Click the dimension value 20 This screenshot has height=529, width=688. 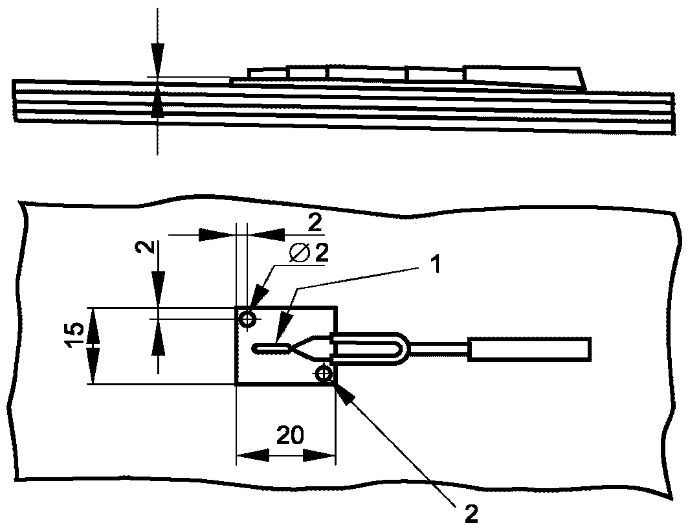click(x=289, y=436)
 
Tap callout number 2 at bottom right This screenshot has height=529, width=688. click(x=471, y=513)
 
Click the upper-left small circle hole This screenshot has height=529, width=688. click(x=248, y=319)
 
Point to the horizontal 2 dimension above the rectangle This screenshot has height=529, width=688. click(x=314, y=224)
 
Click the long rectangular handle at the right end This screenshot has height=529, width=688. click(x=529, y=350)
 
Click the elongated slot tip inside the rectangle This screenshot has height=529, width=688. click(x=271, y=349)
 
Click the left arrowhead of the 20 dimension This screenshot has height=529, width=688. click(x=252, y=455)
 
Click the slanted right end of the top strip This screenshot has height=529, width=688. click(x=582, y=79)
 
